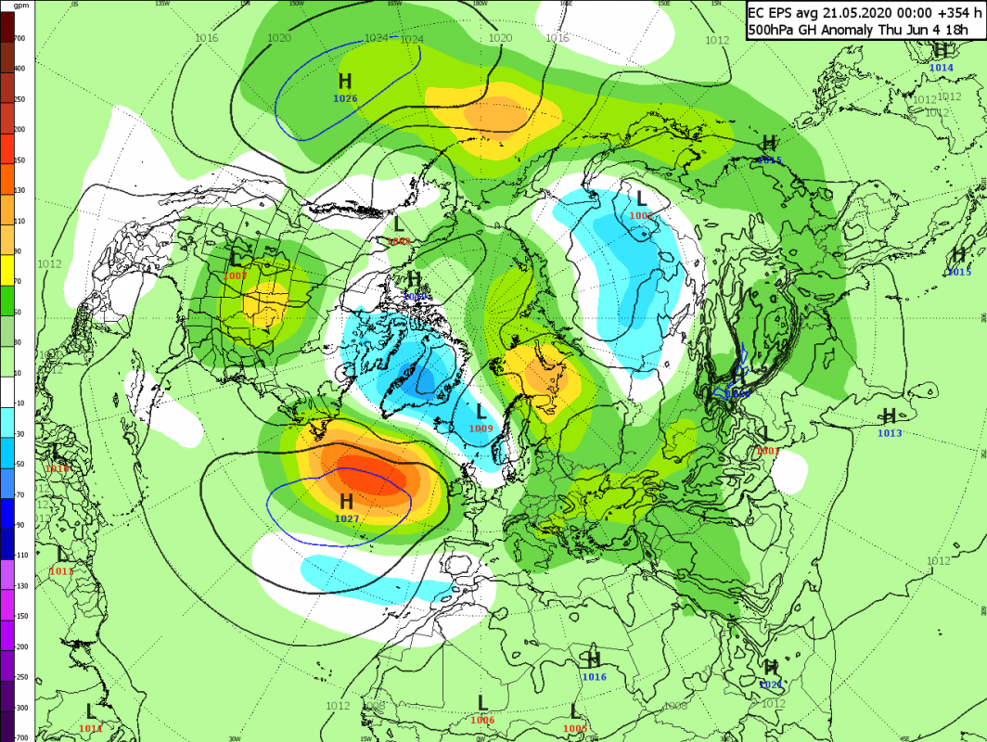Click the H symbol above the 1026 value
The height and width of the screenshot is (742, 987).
(345, 82)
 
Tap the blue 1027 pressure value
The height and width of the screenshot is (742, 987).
(346, 518)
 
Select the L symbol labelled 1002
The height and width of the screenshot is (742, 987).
(641, 198)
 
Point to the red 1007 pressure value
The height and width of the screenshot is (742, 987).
(235, 275)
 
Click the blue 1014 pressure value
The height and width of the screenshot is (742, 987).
(941, 68)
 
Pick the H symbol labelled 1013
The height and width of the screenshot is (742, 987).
(889, 416)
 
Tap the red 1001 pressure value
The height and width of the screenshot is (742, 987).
(766, 451)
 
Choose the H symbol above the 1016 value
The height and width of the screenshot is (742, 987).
(594, 660)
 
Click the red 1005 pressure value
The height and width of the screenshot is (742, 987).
(575, 728)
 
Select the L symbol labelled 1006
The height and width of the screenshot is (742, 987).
(482, 703)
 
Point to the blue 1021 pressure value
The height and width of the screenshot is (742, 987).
(771, 684)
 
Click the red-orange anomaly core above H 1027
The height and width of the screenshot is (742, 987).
(366, 475)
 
